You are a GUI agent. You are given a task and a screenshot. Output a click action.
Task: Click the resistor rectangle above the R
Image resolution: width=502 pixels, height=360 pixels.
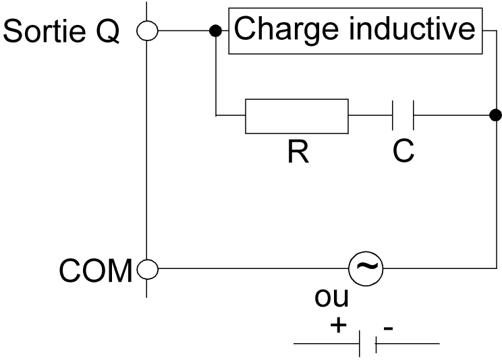tap(296, 116)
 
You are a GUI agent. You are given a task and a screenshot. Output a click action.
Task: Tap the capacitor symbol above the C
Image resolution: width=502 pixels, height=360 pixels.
tap(403, 116)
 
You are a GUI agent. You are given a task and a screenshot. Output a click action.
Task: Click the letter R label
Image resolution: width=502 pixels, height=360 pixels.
tap(296, 152)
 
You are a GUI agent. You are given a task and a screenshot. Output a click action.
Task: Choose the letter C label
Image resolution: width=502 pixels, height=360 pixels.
tap(403, 152)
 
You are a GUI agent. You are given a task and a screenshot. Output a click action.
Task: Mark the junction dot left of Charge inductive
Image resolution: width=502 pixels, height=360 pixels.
tap(215, 31)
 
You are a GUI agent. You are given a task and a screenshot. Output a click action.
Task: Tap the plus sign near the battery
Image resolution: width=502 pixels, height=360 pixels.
tap(338, 326)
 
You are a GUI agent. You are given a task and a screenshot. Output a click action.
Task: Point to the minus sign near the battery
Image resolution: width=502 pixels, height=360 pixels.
tap(388, 328)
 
